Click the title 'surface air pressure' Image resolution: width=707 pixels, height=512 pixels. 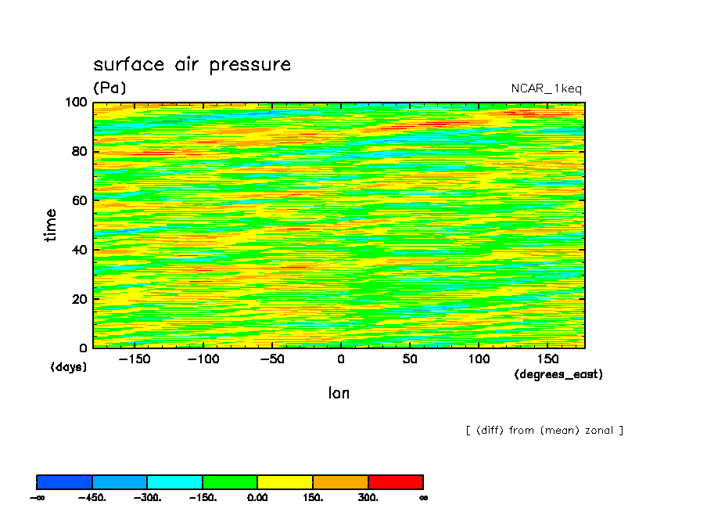point(192,64)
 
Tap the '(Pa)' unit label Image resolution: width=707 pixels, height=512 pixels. point(109,88)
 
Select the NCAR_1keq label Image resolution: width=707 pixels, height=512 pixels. point(546,88)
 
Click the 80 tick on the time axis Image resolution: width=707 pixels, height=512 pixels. point(79,151)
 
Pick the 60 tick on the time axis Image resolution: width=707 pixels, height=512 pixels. point(79,200)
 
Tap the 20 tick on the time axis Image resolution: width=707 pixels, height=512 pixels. point(79,298)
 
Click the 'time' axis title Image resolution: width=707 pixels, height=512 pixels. point(51,225)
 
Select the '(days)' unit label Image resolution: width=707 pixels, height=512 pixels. point(68,366)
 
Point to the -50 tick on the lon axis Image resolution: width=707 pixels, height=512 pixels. point(271,359)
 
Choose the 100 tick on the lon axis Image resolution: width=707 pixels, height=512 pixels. point(478,359)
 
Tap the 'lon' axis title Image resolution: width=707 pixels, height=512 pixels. point(339,393)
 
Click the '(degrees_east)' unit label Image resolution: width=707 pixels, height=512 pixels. point(558,374)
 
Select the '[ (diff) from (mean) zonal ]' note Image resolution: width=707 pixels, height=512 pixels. point(544,431)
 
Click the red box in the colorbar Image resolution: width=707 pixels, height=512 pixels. point(395,481)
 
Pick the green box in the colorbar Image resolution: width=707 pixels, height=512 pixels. point(230,481)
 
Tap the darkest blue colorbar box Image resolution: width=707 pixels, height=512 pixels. point(65,481)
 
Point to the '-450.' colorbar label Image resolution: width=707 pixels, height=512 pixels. point(92,498)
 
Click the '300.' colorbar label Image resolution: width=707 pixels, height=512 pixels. point(368,498)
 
